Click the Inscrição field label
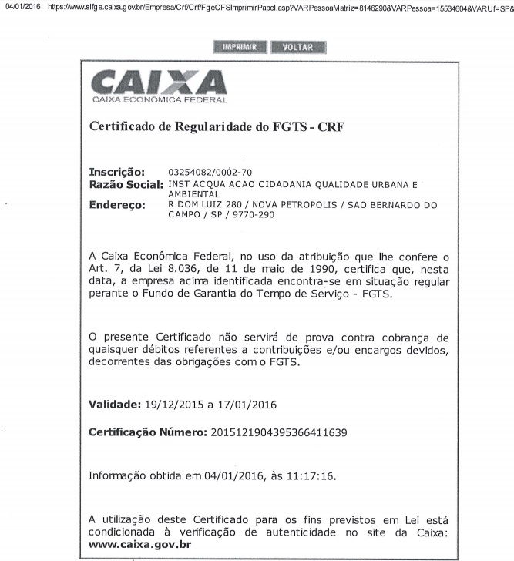coord(117,171)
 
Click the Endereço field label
coord(117,205)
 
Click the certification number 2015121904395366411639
coord(278,432)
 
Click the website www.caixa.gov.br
coord(141,543)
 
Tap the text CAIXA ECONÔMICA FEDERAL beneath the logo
coord(160,100)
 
